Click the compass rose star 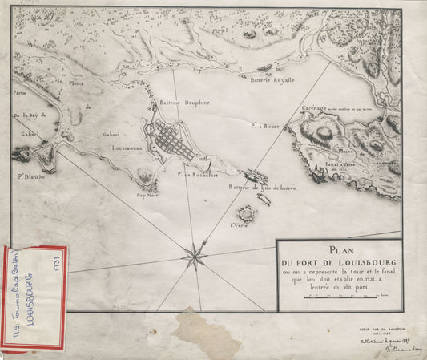[195, 257]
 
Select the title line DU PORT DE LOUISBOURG [340, 262]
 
